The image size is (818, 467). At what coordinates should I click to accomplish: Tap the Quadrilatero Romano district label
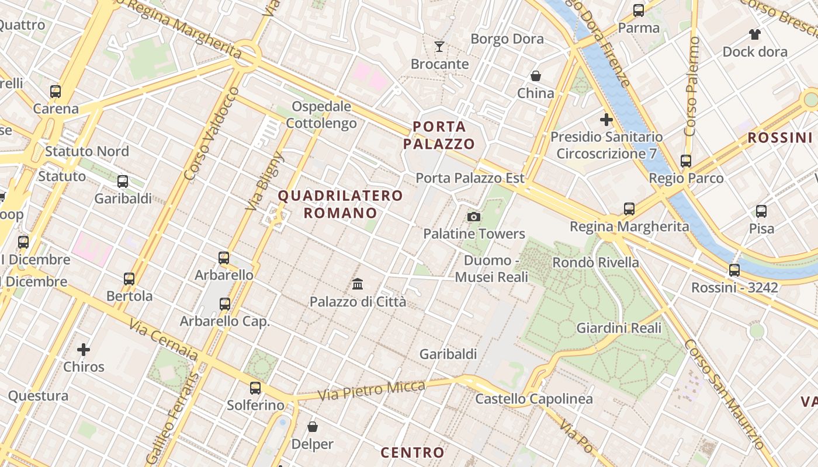coord(340,204)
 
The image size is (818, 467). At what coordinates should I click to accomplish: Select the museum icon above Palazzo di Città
coord(358,284)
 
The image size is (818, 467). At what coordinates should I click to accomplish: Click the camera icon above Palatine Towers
coord(474,217)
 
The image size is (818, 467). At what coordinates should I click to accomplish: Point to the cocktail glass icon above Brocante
coord(439,47)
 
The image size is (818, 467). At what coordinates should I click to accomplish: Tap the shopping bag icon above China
coord(535,76)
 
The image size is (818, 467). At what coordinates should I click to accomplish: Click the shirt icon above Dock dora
coord(755,34)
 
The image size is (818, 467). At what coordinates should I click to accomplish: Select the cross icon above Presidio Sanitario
coord(606,120)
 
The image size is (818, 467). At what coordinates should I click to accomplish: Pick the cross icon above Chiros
coord(84,350)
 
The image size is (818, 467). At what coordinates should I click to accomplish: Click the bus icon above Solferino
coord(255,388)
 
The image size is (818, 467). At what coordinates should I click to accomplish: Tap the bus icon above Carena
coord(56,92)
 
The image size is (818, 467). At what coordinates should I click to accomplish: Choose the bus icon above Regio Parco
coord(686,161)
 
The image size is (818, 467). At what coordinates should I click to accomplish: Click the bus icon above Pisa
coord(761,211)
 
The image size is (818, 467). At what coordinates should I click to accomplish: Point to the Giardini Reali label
coord(619,328)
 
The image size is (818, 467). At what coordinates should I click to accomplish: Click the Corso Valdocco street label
coord(211,134)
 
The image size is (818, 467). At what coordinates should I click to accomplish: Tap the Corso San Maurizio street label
coord(723,394)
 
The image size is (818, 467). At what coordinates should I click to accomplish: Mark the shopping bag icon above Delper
coord(313,427)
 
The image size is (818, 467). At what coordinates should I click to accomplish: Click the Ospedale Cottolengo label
coord(321,115)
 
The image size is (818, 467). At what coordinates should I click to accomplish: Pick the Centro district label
coord(413,452)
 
